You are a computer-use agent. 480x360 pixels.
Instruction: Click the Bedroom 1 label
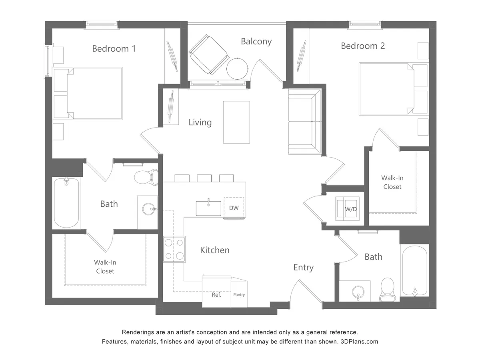click(x=114, y=49)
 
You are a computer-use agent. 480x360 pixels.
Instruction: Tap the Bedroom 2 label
click(x=362, y=46)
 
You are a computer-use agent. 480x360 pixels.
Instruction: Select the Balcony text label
click(x=256, y=41)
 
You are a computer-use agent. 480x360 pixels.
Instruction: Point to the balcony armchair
click(x=208, y=54)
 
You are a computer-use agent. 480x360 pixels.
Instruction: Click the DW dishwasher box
click(x=234, y=208)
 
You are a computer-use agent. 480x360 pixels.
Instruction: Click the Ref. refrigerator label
click(x=216, y=295)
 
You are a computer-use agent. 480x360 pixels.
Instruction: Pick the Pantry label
click(x=239, y=295)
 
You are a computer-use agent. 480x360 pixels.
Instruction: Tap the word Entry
click(x=303, y=268)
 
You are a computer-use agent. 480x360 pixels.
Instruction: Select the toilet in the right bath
click(x=387, y=290)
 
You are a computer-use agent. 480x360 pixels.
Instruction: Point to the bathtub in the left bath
click(x=67, y=202)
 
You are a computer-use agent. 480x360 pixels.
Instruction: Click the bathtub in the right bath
click(x=414, y=271)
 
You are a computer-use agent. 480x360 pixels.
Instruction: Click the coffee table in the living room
click(x=236, y=122)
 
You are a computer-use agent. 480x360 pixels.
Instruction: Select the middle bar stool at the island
click(x=204, y=178)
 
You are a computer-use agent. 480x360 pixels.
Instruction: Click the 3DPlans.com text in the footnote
click(x=359, y=342)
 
